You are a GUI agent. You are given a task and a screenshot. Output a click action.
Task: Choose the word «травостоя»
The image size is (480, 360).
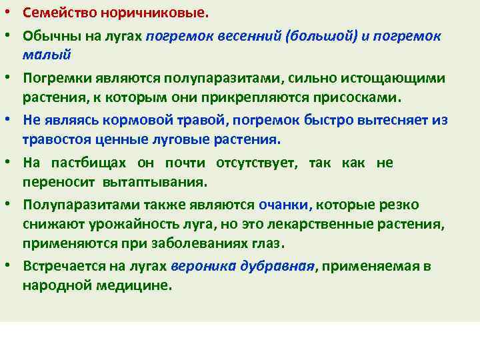(56, 141)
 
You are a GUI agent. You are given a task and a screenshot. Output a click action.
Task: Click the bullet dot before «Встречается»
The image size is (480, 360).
(10, 266)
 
